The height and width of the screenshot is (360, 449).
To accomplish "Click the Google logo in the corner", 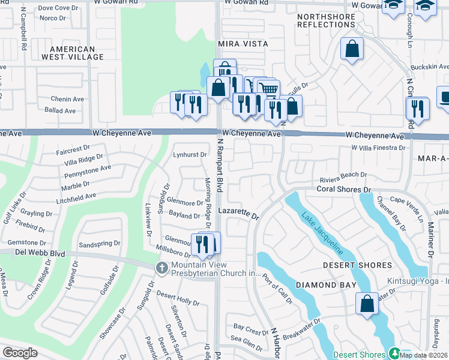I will [20, 352].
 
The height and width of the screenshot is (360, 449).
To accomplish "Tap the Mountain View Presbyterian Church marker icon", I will [160, 267].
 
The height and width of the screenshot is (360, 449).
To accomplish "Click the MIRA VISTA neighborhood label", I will [243, 44].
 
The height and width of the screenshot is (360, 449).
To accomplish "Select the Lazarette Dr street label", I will [238, 213].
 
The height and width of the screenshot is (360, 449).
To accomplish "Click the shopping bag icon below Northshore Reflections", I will [352, 49].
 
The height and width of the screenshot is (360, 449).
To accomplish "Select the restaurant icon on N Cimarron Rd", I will [417, 109].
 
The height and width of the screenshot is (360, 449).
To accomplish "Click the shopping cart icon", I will [269, 89].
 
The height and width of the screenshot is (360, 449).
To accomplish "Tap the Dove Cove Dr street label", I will [54, 8].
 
